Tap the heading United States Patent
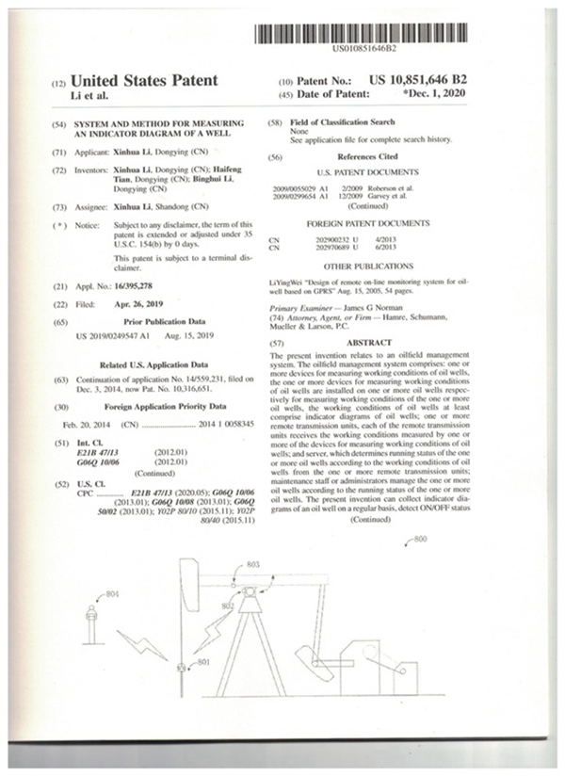(x=144, y=81)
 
